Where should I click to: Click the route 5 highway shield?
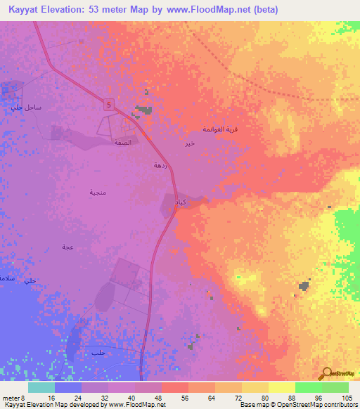pos(110,105)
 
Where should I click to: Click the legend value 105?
pos(346,397)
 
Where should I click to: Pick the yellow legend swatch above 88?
pos(281,387)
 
